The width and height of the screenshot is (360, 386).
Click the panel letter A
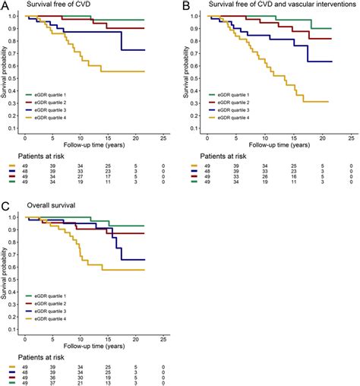(x=5, y=5)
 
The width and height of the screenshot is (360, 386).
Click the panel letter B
(x=186, y=5)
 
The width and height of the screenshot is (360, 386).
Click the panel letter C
(x=5, y=204)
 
